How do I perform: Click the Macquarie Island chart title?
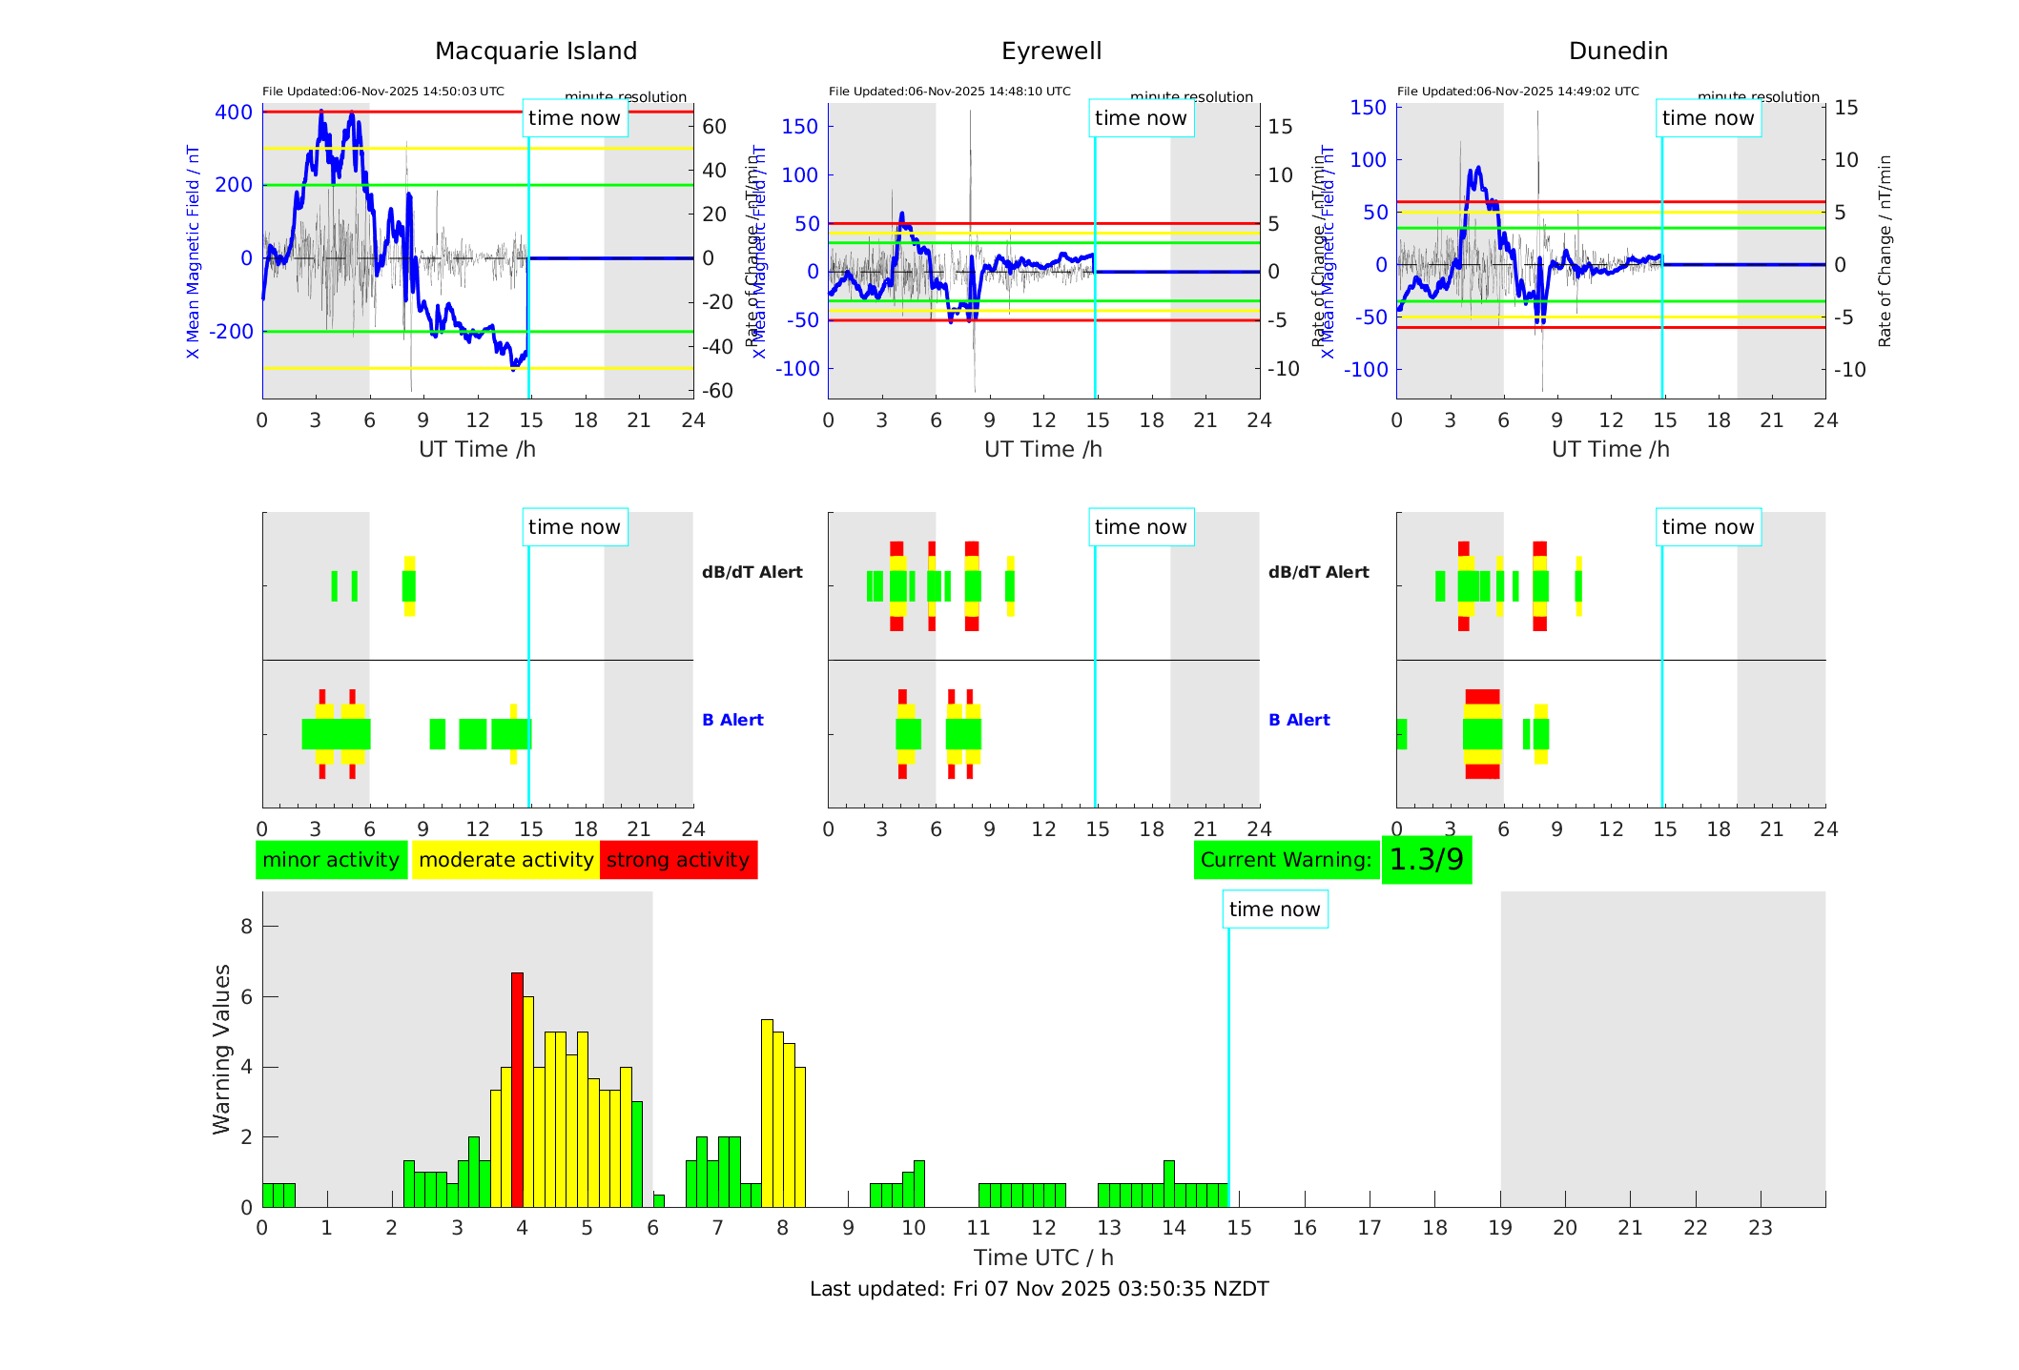536,51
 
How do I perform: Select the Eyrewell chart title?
1051,51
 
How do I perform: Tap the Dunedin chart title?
1617,51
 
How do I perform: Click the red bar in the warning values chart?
517,1089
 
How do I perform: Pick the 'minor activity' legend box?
331,860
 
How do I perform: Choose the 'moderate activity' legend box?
505,860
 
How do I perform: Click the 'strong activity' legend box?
678,860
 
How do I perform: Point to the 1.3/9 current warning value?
1426,860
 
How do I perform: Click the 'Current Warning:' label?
1286,860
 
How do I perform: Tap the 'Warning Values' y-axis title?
222,1049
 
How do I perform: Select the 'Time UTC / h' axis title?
1043,1258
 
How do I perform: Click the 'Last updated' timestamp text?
1039,1289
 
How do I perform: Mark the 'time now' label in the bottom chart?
1274,910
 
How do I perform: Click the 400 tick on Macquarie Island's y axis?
234,112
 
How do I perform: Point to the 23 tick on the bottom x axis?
1760,1228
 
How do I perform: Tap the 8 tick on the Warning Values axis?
247,927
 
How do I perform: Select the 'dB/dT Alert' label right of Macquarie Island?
752,572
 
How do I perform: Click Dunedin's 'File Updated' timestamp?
1517,92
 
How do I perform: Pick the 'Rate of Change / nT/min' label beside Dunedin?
1884,251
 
